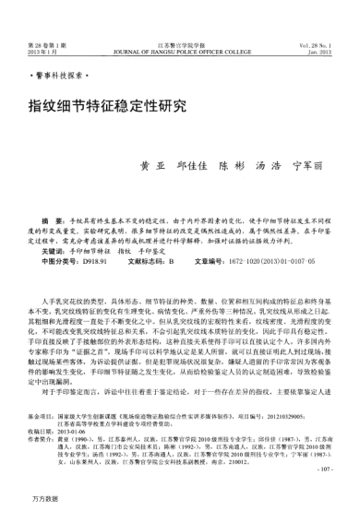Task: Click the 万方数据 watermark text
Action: tap(42, 497)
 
